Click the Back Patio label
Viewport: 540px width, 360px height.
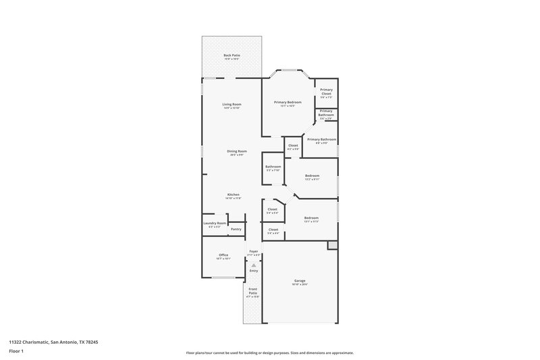[232, 55]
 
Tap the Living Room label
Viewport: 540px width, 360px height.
[232, 104]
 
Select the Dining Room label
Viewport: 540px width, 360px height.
[236, 151]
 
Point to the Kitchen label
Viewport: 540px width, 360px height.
[232, 195]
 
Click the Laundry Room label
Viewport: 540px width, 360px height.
[215, 223]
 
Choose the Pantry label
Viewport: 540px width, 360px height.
[236, 229]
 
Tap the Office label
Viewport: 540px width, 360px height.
[223, 255]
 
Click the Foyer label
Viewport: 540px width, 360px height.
[254, 251]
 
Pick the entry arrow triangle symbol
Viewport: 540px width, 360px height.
[254, 265]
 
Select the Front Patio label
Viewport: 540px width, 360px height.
[252, 290]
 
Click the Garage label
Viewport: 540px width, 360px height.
[300, 280]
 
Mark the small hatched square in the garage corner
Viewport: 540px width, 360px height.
[332, 246]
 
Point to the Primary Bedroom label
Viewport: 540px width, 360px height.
[288, 102]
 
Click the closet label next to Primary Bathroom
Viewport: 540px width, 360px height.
[293, 145]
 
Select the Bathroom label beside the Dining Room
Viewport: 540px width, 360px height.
[273, 166]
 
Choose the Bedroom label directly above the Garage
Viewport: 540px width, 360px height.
[311, 218]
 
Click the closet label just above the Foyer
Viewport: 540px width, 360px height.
[273, 230]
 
